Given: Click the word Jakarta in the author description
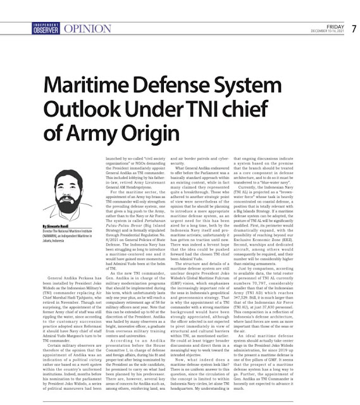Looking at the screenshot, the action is pos(32,241).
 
